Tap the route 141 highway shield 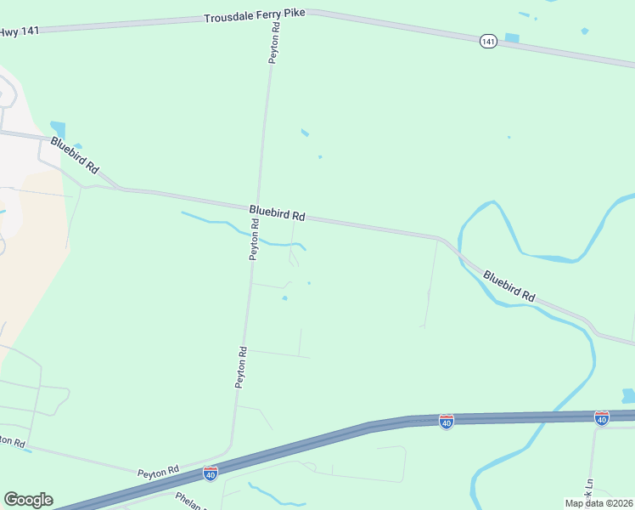click(487, 41)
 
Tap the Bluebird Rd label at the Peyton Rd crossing click(277, 212)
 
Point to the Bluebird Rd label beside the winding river click(509, 286)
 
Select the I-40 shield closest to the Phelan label click(211, 473)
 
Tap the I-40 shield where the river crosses click(601, 417)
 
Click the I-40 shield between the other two click(447, 421)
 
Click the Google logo click(28, 500)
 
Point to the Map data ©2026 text click(598, 503)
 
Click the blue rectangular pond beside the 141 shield click(511, 38)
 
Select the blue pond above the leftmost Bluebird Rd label click(58, 128)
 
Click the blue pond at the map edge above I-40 click(629, 395)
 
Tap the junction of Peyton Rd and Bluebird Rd click(257, 206)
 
